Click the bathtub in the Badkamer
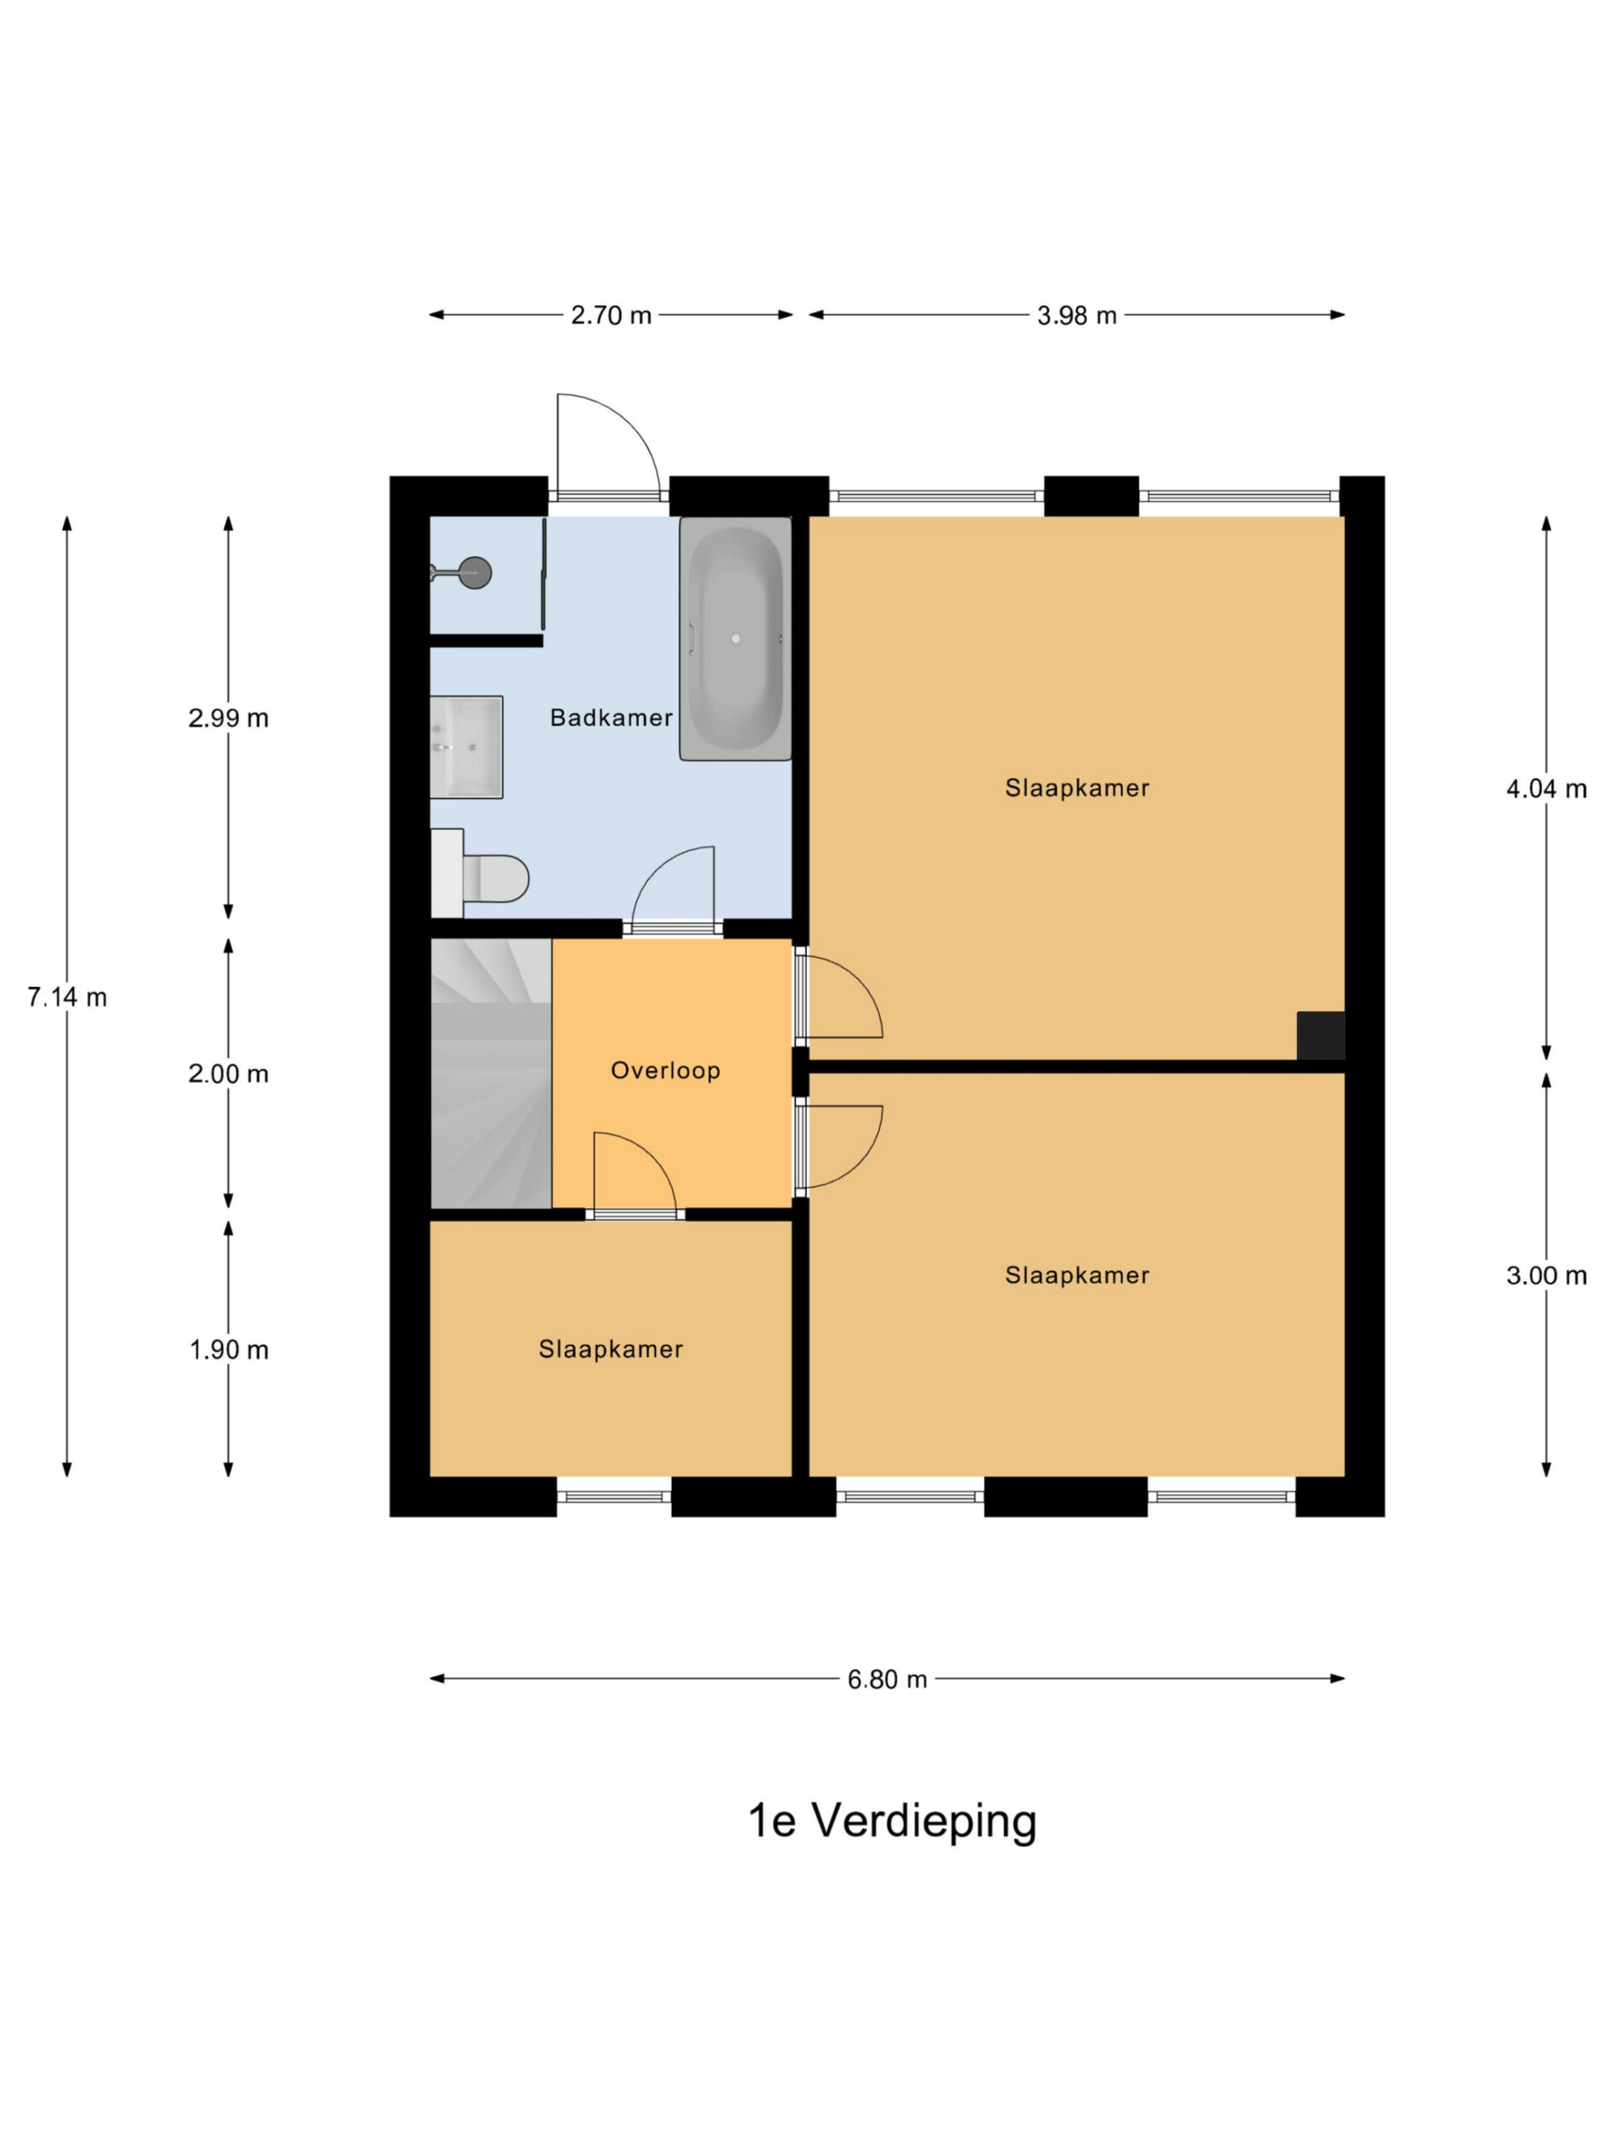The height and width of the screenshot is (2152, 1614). coord(736,638)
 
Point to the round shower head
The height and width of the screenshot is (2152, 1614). coord(474,572)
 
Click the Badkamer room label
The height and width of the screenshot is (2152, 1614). coord(611,718)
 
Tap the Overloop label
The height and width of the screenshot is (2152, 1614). coord(666,1070)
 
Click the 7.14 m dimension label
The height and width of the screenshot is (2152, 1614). coord(67,997)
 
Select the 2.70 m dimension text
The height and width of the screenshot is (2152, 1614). coord(611,315)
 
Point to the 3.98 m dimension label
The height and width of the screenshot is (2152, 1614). coord(1077,315)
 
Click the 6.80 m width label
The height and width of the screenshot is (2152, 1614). coord(887,1680)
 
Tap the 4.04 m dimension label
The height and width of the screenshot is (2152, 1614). coord(1547,789)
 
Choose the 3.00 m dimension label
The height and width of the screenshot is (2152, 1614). coord(1547,1275)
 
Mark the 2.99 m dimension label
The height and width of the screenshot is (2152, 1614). coord(229,718)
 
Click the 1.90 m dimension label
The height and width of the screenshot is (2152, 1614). coord(229,1350)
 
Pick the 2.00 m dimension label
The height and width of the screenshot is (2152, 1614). coord(229,1074)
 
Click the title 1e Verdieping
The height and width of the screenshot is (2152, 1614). coord(892,1820)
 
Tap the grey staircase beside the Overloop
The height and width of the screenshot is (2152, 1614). coord(491,1073)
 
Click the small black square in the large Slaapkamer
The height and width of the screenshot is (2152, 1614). coord(1320,1035)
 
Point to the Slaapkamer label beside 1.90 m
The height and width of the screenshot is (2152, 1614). coord(611,1349)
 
